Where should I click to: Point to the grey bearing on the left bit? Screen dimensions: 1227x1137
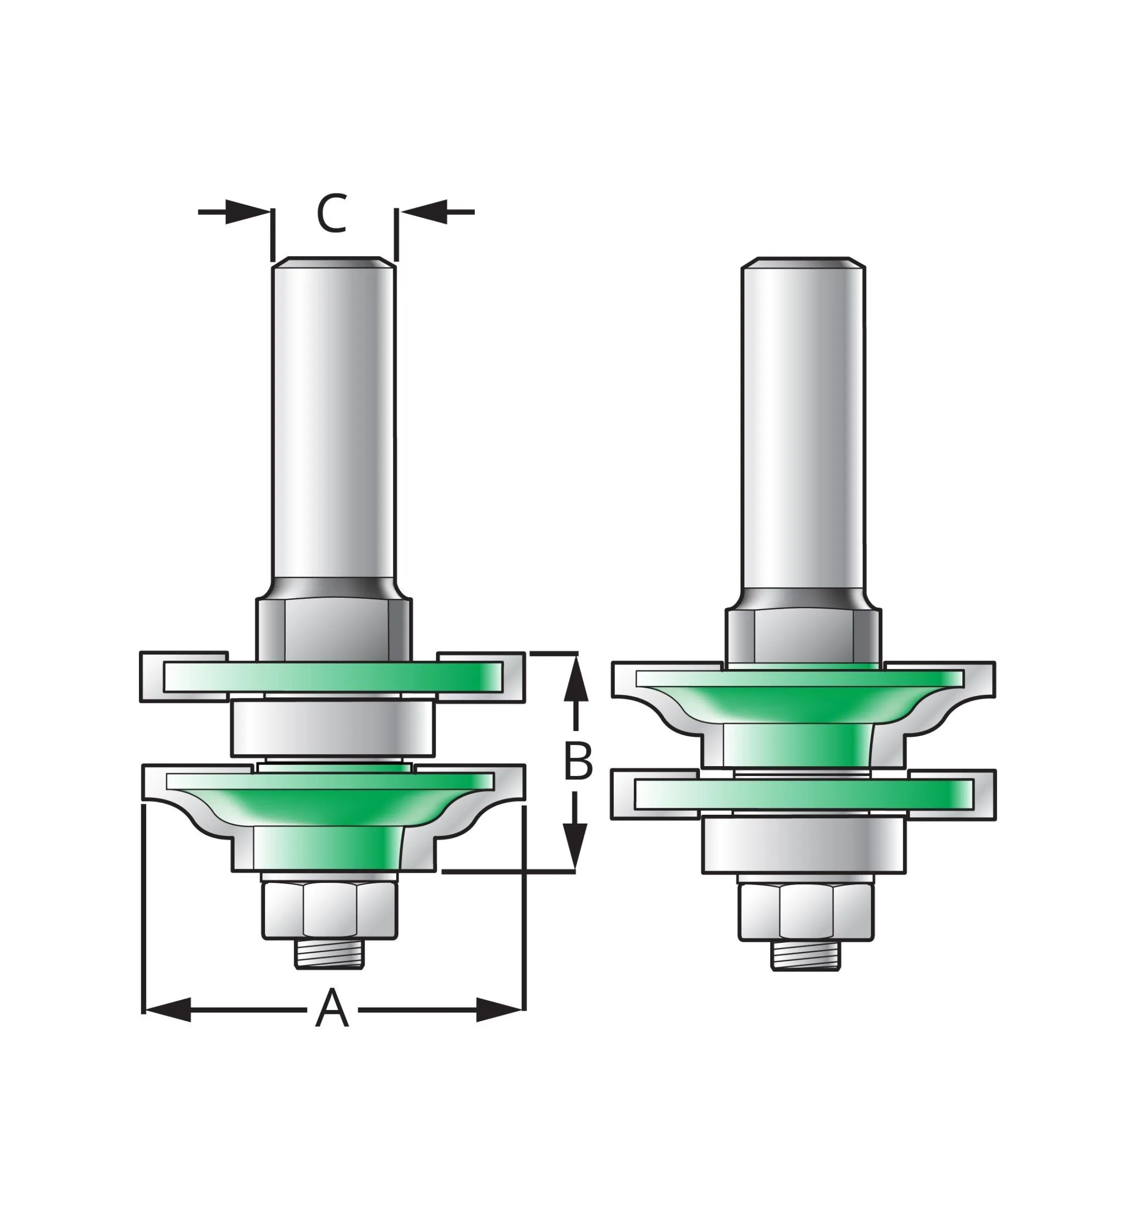(333, 729)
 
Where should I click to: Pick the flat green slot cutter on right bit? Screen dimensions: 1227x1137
(804, 794)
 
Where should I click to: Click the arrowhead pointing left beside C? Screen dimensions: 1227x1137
(425, 212)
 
